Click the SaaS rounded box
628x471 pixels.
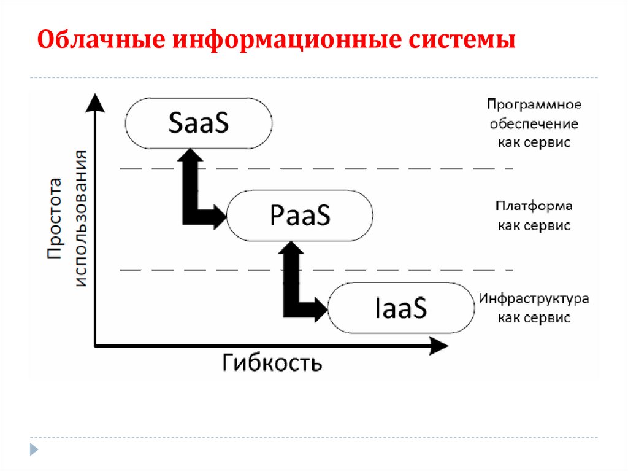(x=199, y=123)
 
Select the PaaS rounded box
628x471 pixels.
(x=300, y=215)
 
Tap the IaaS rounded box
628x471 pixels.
(x=401, y=308)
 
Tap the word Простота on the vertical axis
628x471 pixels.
(x=55, y=218)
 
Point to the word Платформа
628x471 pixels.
(x=534, y=206)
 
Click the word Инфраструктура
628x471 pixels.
(x=534, y=299)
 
